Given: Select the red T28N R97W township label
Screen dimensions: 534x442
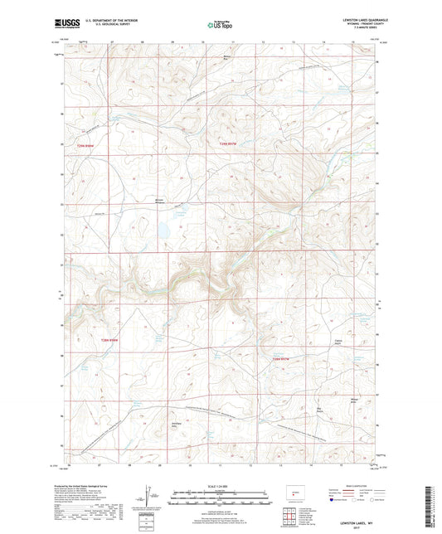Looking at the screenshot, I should tap(283, 358).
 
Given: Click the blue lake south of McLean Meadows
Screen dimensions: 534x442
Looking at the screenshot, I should tap(163, 226).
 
